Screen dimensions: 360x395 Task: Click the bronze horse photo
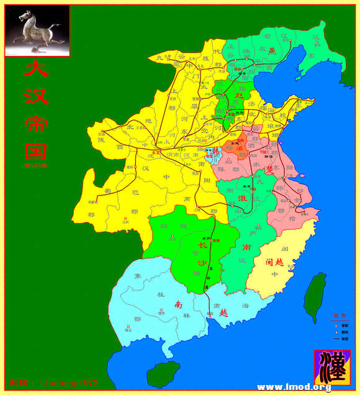pyautogui.click(x=37, y=31)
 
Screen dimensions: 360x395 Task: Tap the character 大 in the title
pyautogui.click(x=36, y=67)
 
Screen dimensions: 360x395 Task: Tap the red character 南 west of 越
pyautogui.click(x=179, y=304)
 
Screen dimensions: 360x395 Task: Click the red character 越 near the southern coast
pyautogui.click(x=223, y=313)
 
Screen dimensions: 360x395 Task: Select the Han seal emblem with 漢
pyautogui.click(x=331, y=366)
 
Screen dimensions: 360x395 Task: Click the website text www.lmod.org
pyautogui.click(x=294, y=388)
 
